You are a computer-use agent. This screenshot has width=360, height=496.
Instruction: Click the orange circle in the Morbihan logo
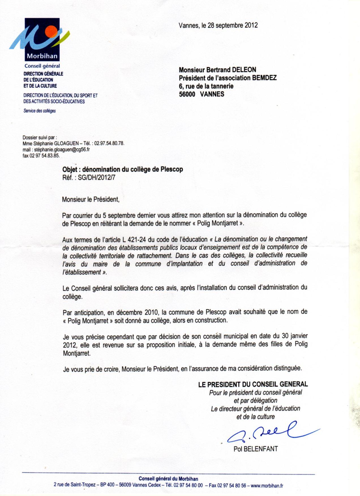[52, 31]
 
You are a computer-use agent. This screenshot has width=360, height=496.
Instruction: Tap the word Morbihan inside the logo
[42, 56]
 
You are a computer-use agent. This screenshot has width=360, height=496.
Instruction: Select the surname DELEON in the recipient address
[244, 70]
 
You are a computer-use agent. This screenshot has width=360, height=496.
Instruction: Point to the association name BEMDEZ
[264, 78]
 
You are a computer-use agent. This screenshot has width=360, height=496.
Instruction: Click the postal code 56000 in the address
[187, 94]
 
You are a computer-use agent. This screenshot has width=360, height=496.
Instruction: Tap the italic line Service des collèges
[40, 111]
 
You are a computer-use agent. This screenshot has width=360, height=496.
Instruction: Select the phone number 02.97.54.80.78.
[109, 144]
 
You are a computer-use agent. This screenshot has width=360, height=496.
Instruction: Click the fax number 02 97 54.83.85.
[45, 156]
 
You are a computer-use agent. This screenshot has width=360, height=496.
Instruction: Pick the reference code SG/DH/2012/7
[97, 178]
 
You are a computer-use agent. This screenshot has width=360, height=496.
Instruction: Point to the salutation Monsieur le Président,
[91, 199]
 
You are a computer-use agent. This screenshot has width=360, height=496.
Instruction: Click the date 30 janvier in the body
[295, 336]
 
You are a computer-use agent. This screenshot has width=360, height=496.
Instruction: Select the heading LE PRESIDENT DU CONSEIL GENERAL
[253, 384]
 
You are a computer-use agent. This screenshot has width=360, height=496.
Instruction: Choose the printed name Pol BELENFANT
[256, 449]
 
